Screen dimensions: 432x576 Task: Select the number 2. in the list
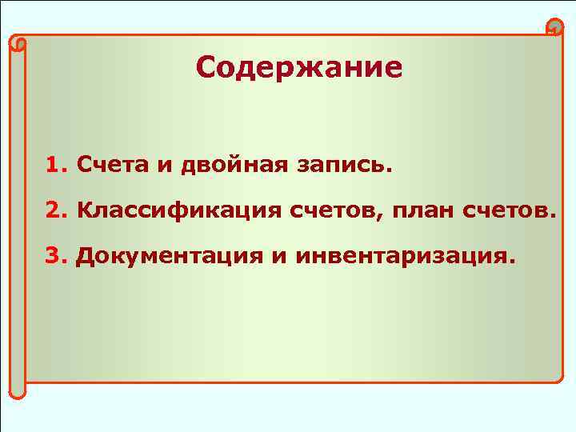[57, 211]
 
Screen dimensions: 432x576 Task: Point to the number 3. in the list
[57, 256]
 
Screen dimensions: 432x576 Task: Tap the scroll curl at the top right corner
[553, 27]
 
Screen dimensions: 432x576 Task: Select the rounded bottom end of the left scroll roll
[18, 390]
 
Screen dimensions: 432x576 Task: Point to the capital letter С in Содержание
[206, 68]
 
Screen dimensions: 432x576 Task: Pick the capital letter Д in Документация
[83, 257]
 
